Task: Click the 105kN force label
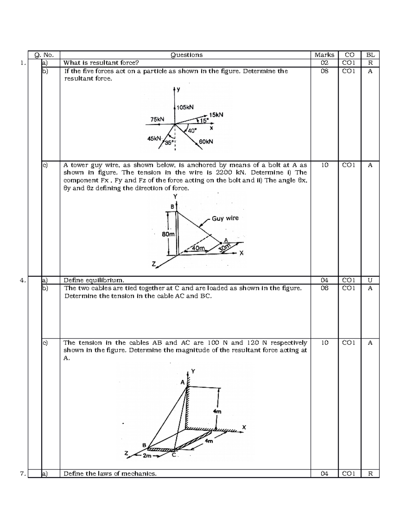[x=185, y=107]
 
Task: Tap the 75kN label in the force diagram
[x=157, y=120]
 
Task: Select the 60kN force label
[x=206, y=142]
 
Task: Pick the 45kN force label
[x=154, y=138]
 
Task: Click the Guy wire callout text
[x=225, y=218]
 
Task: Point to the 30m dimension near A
[x=225, y=248]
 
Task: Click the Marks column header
[x=324, y=55]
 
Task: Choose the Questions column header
[x=186, y=55]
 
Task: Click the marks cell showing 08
[x=324, y=71]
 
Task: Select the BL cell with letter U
[x=370, y=280]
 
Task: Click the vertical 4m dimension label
[x=217, y=412]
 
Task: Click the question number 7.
[x=22, y=474]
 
